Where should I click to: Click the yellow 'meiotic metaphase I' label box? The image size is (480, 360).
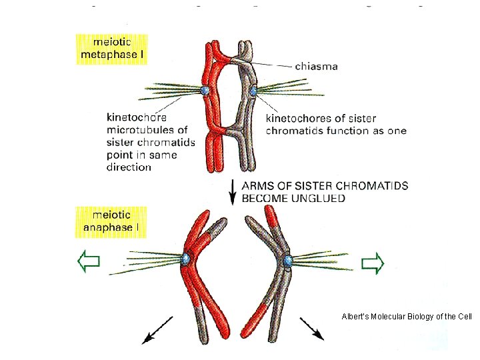[110, 48]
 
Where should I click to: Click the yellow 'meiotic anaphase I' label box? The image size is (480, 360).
[110, 221]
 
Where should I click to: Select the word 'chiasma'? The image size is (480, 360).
[315, 66]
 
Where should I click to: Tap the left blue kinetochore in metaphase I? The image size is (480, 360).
[207, 90]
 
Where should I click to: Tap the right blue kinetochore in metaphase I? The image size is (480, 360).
[253, 88]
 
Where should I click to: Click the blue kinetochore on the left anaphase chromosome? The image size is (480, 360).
[187, 257]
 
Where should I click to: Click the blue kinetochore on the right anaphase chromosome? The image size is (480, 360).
[288, 260]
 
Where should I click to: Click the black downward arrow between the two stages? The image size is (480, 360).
[233, 191]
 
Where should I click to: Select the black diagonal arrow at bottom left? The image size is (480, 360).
[157, 331]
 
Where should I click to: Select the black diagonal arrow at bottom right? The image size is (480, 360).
[311, 328]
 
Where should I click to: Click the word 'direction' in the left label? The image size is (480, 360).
[129, 167]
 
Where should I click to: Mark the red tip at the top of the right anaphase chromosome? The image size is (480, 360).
[271, 215]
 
